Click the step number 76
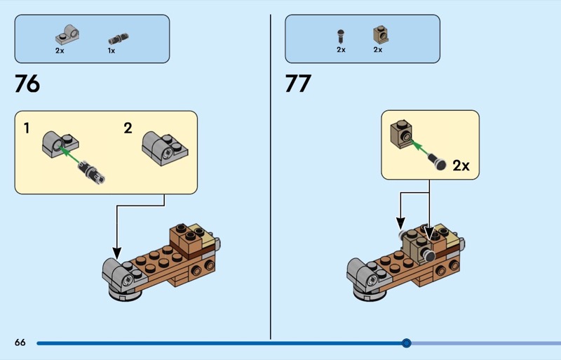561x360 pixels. [x=27, y=84]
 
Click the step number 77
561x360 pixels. [x=298, y=84]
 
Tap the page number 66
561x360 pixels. [x=20, y=342]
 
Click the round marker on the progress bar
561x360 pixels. [x=406, y=343]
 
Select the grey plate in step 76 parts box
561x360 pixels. [x=67, y=35]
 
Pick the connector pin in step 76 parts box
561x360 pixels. [x=119, y=38]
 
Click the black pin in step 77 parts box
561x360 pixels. [x=341, y=37]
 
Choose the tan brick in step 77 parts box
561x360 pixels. [x=380, y=35]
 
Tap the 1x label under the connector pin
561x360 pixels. [x=111, y=51]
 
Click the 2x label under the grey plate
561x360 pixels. [x=60, y=51]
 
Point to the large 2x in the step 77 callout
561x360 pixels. [x=461, y=166]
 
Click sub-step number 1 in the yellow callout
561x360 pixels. [x=27, y=128]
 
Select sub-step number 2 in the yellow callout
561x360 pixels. [x=128, y=128]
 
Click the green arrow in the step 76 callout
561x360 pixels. [x=69, y=155]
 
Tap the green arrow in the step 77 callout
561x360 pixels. [x=419, y=147]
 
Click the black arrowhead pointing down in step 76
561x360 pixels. [x=116, y=253]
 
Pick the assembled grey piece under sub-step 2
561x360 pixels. [x=165, y=148]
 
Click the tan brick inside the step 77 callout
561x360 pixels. [x=401, y=133]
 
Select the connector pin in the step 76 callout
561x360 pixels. [x=92, y=173]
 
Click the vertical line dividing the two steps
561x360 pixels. [x=271, y=177]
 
